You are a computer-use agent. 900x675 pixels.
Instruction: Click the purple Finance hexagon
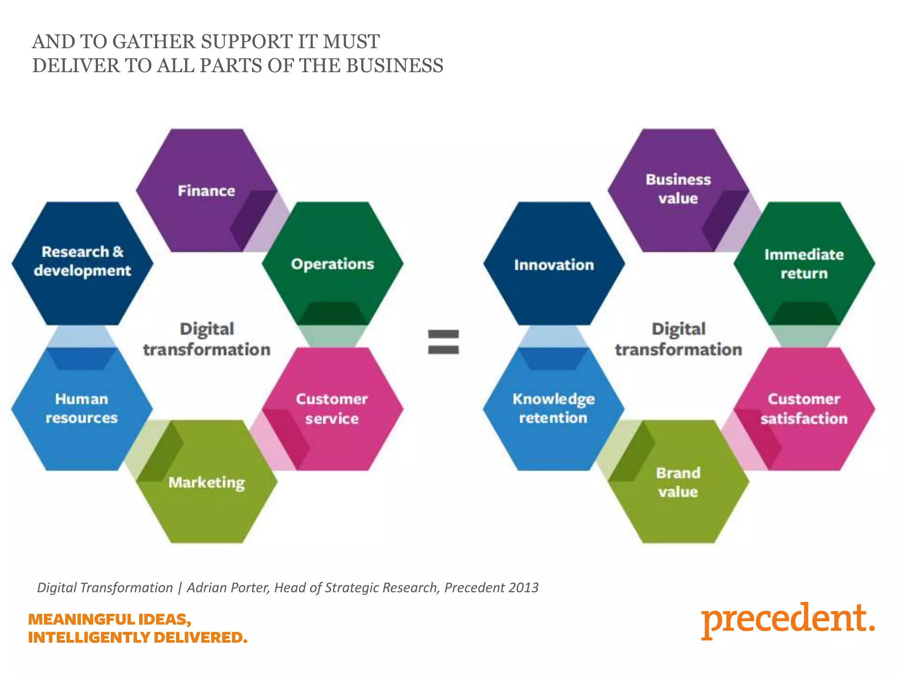pos(206,190)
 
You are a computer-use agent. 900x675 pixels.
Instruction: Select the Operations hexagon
pos(332,264)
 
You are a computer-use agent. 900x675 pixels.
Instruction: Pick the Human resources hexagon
pos(82,409)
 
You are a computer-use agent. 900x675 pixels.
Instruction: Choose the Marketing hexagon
pos(207,483)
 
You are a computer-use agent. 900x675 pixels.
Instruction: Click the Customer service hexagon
pos(332,409)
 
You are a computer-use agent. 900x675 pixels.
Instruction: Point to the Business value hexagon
pos(678,189)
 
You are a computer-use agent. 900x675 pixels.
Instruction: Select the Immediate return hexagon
pos(804,264)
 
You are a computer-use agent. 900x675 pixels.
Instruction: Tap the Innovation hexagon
pos(554,265)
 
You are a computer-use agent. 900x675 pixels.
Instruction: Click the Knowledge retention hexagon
pos(553,409)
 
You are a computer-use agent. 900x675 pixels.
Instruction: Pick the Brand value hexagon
pos(678,482)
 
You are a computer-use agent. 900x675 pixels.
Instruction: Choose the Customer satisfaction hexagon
pos(804,409)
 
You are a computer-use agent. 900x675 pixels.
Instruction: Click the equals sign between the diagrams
pos(443,342)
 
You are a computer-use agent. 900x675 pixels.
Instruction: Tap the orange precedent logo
pos(788,620)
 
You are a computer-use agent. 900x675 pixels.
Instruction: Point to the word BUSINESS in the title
pos(394,66)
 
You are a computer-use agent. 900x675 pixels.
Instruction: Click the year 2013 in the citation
pos(523,588)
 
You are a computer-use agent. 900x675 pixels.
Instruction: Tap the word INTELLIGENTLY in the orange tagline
pos(89,637)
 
